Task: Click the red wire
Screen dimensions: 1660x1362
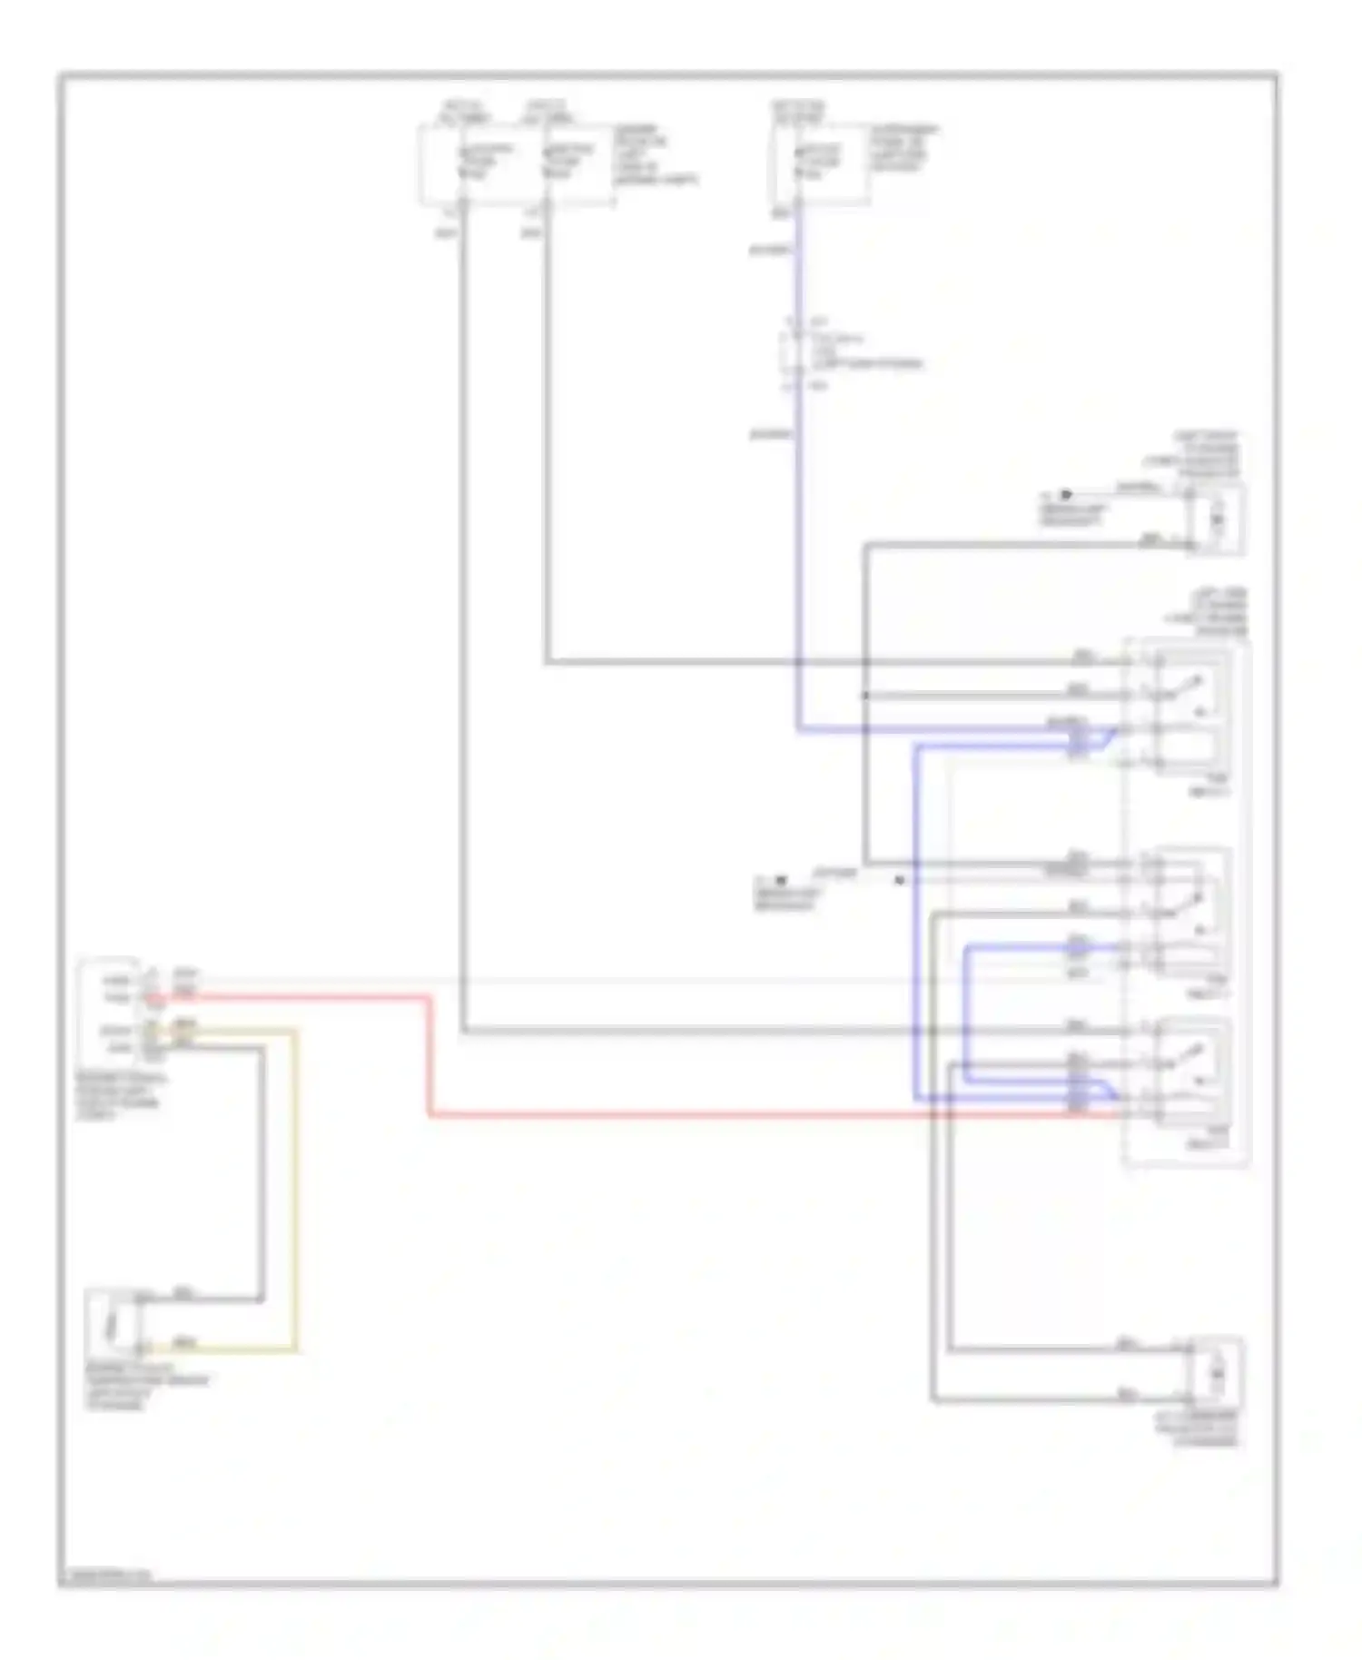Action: click(x=636, y=1114)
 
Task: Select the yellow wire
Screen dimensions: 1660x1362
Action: click(x=294, y=1181)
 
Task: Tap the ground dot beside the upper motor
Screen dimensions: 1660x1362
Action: click(x=1066, y=495)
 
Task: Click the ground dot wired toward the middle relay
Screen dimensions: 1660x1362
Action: click(x=780, y=880)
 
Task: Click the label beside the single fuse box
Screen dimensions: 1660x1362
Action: click(x=904, y=150)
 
